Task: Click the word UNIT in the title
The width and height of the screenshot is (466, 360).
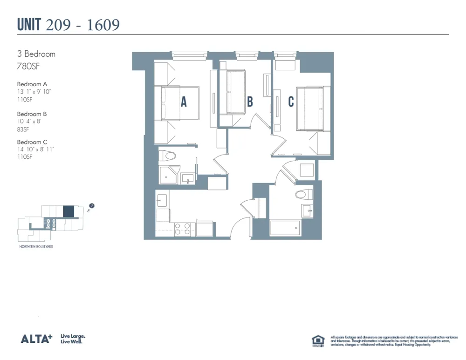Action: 30,25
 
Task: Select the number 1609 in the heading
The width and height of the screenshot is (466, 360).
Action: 102,25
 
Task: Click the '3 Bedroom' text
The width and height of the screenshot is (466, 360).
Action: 36,54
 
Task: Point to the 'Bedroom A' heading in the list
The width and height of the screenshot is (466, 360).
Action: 32,84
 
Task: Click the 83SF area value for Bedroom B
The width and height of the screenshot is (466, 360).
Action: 23,129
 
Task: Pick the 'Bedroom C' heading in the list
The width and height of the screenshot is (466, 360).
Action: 32,142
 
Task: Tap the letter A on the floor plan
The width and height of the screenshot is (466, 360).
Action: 184,102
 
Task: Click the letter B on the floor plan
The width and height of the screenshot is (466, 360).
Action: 250,102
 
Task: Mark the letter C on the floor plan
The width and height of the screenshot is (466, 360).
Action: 291,102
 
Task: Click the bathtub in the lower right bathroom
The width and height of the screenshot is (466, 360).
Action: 285,228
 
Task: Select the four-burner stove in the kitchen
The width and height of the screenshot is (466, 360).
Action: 182,229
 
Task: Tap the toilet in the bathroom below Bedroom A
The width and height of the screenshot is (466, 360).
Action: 167,156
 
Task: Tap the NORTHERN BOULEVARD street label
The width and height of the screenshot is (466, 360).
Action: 36,246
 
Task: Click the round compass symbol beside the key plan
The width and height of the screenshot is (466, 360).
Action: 92,205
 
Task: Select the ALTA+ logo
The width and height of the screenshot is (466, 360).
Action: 36,339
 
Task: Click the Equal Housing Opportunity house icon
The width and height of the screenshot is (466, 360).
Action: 318,341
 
